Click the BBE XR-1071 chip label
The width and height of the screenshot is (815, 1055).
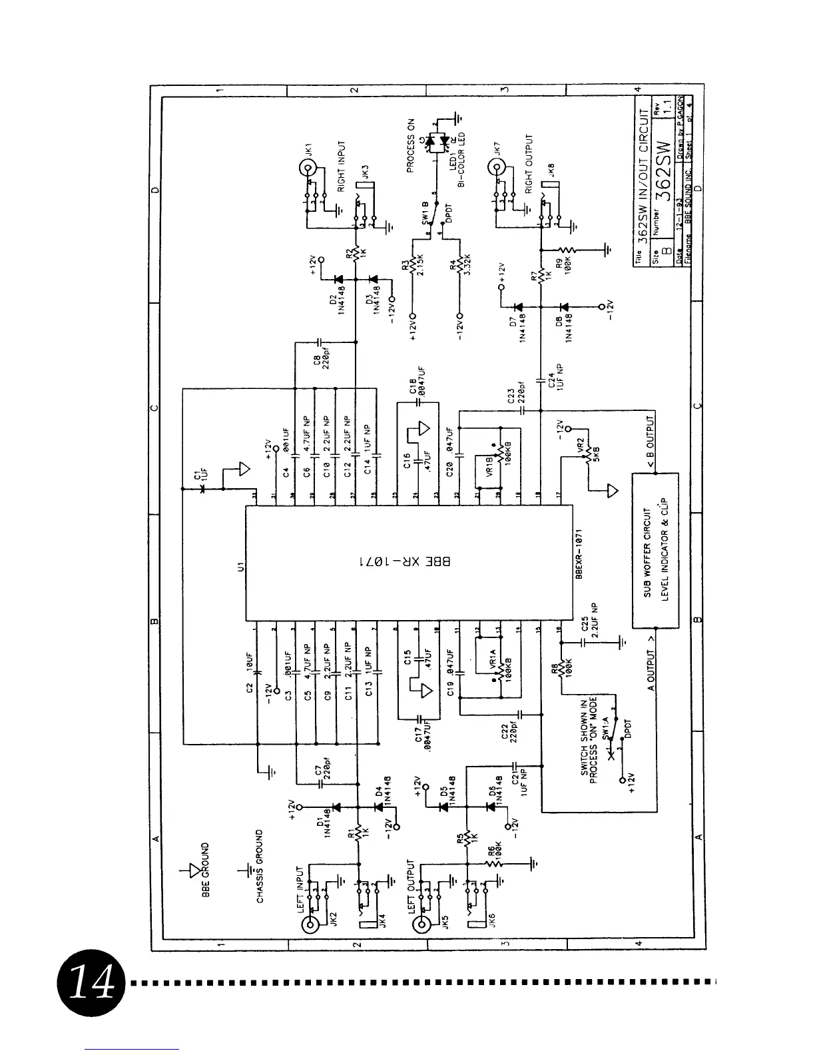click(x=404, y=561)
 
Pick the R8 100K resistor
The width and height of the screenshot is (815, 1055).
click(x=561, y=668)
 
